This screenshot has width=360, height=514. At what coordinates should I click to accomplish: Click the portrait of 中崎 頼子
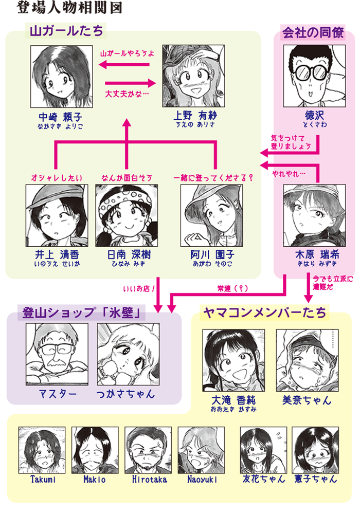pos(61,75)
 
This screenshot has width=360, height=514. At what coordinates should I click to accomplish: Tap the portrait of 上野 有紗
pos(193,75)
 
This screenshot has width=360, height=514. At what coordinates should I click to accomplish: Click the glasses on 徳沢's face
pos(312,71)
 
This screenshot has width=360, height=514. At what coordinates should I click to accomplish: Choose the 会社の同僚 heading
pos(313,33)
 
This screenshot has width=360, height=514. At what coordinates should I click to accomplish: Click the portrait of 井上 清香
pos(57,215)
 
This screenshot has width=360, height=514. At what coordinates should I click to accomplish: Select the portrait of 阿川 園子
pos(211,215)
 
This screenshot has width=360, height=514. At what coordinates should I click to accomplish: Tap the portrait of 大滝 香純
pos(233,360)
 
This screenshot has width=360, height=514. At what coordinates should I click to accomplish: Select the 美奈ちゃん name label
pos(306,400)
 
